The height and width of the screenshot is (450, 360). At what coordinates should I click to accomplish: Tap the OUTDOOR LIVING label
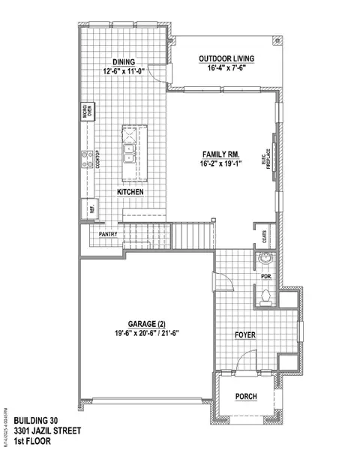coord(226,58)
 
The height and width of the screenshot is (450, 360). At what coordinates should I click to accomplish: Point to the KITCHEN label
coord(130,193)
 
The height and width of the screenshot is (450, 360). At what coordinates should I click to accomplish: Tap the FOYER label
coord(246,335)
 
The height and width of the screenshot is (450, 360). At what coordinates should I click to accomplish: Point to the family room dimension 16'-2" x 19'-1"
coord(220,163)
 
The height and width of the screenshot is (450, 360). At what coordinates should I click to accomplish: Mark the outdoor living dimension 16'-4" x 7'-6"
coord(226,69)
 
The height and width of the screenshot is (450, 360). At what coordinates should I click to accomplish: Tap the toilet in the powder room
coord(263,296)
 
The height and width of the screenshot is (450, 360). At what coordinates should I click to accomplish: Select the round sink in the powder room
coord(263,261)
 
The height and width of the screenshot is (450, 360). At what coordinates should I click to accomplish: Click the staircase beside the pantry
coord(193,235)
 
